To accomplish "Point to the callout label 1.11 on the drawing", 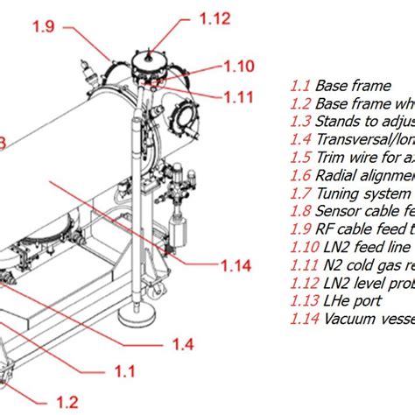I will [x=237, y=96].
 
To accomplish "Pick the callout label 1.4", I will [x=182, y=342].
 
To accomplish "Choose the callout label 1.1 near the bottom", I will [x=125, y=372].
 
